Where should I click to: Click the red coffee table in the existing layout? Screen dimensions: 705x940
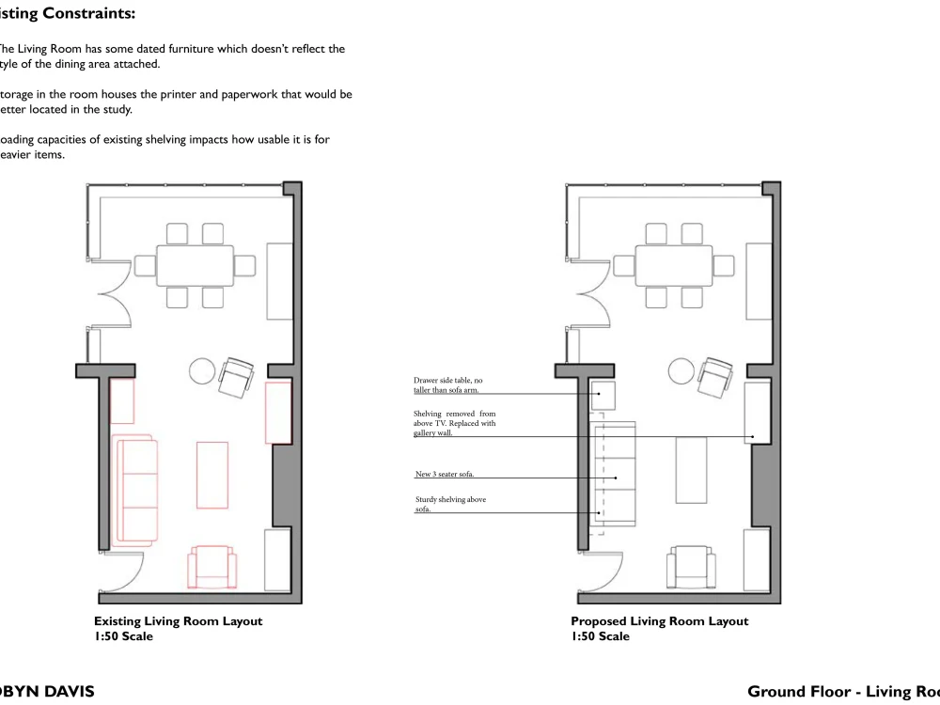[212, 475]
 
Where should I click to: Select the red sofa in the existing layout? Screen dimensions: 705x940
[134, 490]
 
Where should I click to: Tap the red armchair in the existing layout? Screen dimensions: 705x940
[212, 568]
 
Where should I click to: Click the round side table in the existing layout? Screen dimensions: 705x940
[204, 372]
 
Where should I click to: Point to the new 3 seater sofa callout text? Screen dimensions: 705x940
[450, 475]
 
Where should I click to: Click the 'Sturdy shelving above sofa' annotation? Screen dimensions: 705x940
[450, 504]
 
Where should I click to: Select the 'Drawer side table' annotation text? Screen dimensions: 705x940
[449, 384]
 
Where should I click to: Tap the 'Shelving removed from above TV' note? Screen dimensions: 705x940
[454, 423]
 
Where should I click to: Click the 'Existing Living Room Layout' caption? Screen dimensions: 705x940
[178, 621]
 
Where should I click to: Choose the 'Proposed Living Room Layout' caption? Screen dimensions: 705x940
[659, 621]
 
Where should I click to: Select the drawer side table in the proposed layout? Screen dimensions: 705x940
[603, 395]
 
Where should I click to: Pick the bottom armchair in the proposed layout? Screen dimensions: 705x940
[691, 568]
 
